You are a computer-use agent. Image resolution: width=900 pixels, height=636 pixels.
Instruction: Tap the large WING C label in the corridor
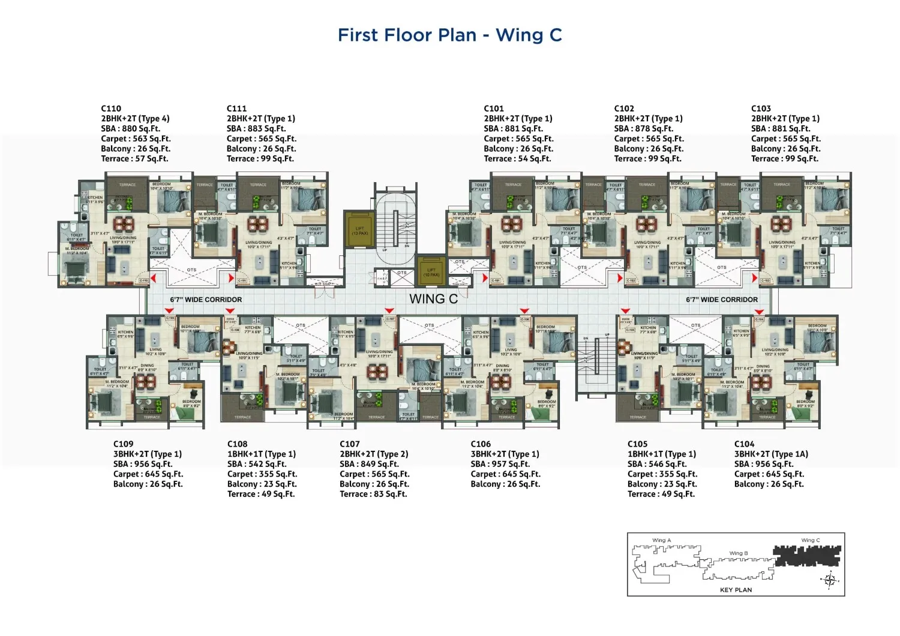point(433,299)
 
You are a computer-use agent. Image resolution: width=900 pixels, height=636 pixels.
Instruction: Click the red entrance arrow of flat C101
point(485,278)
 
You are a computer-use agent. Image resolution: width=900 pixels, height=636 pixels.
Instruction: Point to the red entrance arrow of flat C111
point(231,278)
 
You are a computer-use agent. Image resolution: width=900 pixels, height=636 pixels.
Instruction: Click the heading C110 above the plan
point(111,108)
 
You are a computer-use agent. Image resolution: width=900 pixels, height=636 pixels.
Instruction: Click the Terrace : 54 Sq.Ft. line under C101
point(517,159)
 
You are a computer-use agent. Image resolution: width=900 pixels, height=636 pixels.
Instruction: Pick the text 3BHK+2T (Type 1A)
point(771,454)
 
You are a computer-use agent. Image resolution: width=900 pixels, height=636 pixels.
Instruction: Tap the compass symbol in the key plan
point(830,580)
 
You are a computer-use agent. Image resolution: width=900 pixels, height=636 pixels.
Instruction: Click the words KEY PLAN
point(736,590)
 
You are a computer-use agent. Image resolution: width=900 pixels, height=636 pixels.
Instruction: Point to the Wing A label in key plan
point(661,540)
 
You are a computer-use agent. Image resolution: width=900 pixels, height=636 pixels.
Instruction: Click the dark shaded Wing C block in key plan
point(807,556)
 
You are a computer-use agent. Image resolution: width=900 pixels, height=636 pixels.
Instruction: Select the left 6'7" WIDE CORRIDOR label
point(206,299)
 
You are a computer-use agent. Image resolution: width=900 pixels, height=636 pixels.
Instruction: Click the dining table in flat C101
point(511,224)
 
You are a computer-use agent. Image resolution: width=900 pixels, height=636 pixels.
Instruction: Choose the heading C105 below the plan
point(637,444)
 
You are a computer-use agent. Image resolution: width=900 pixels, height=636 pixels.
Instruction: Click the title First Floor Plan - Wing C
point(449,35)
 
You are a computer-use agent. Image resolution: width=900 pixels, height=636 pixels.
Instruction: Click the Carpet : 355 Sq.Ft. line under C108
point(262,474)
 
